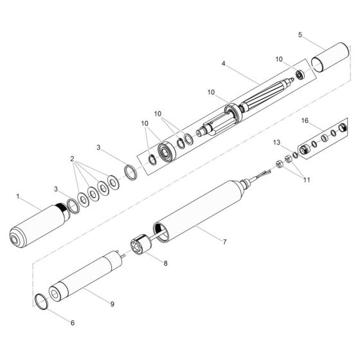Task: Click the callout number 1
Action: point(18,195)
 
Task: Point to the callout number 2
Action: point(73,157)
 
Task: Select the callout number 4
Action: point(222,64)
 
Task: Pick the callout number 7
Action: point(224,243)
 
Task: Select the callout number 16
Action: point(304,121)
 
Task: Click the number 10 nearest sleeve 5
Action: point(278,60)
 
